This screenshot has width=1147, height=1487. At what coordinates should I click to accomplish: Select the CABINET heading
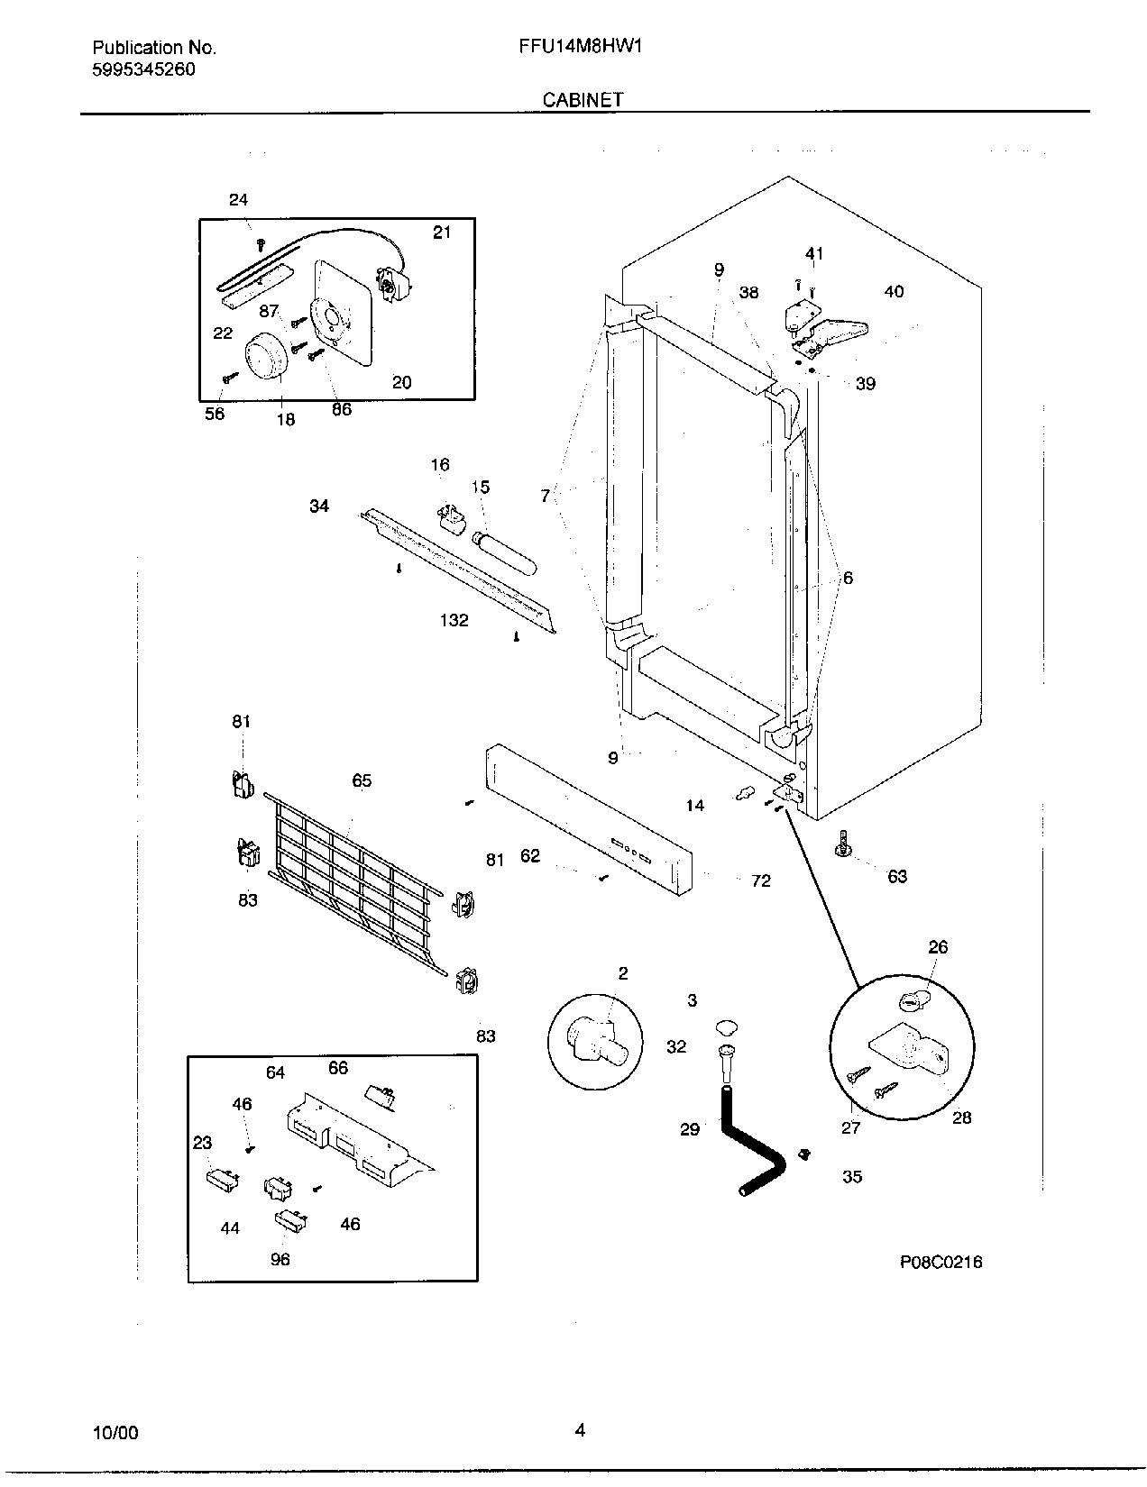583,100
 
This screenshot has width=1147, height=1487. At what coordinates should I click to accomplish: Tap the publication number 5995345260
144,69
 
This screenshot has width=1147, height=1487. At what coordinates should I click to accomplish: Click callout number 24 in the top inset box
238,200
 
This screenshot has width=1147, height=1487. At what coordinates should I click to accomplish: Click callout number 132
454,620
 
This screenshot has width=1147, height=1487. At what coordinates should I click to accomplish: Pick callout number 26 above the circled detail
938,947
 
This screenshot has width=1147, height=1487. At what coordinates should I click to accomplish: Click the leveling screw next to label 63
845,846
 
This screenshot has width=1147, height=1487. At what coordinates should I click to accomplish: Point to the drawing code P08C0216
941,1262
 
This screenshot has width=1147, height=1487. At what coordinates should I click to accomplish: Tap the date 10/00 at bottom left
115,1433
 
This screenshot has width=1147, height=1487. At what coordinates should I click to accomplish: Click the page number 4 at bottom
580,1429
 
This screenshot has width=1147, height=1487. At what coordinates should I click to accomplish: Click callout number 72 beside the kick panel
761,880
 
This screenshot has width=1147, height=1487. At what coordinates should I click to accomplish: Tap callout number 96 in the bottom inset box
280,1259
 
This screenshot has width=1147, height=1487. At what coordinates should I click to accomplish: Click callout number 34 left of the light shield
319,506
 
